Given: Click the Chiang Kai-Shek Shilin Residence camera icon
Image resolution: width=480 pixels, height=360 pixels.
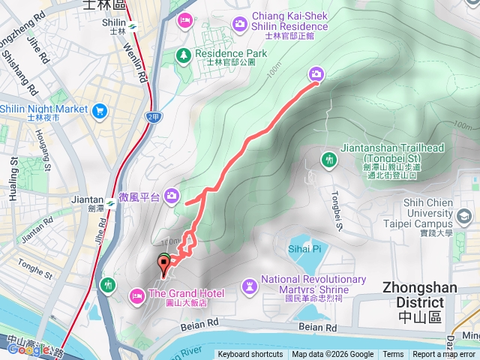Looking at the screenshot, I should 240,24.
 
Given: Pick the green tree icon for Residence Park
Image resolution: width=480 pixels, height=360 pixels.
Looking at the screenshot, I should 183,54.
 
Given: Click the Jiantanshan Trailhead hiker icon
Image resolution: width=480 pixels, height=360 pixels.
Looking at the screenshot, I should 328,159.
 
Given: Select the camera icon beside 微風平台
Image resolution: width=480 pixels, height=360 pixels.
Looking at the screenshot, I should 172,196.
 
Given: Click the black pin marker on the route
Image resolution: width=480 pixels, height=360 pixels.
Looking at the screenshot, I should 163,263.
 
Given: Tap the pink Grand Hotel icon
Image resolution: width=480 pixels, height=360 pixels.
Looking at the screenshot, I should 137,295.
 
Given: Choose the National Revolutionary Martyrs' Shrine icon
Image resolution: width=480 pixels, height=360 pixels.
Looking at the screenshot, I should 249,285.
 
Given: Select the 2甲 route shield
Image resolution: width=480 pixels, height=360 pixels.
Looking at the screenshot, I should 154,117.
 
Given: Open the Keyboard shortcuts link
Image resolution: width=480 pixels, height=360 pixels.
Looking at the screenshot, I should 250,355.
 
